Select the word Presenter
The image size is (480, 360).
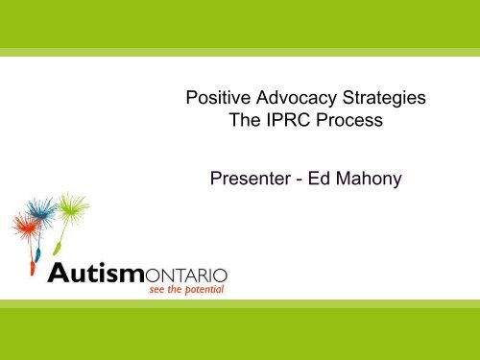251,176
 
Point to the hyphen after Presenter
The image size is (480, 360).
311,177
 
